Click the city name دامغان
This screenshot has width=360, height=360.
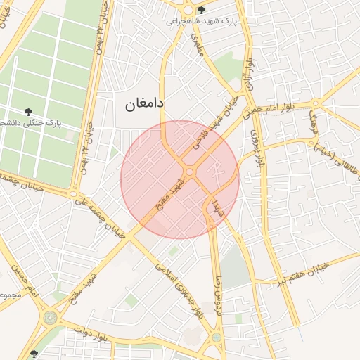click(x=144, y=103)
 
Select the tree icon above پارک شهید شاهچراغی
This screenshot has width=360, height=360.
click(x=202, y=10)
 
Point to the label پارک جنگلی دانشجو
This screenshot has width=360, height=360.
click(x=32, y=122)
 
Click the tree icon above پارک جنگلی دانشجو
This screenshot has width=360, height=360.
click(x=28, y=111)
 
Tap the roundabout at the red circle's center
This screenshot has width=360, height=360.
click(x=190, y=172)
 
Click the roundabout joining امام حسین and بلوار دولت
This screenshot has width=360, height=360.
click(x=50, y=318)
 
